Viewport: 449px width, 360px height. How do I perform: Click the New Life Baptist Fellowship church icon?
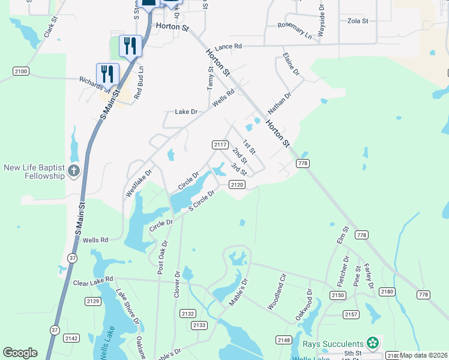pyautogui.click(x=74, y=171)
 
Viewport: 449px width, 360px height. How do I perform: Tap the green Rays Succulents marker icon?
pyautogui.click(x=373, y=343)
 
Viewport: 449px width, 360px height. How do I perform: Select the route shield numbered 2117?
pyautogui.click(x=220, y=145)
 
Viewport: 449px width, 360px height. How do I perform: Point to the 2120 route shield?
pyautogui.click(x=237, y=185)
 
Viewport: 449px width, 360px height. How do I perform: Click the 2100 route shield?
pyautogui.click(x=20, y=71)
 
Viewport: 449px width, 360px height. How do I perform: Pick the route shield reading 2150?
pyautogui.click(x=338, y=295)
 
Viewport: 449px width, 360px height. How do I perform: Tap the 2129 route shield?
pyautogui.click(x=92, y=301)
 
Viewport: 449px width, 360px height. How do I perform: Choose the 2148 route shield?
pyautogui.click(x=284, y=340)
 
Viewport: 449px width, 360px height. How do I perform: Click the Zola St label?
pyautogui.click(x=358, y=20)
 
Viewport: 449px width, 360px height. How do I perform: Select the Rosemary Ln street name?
pyautogui.click(x=295, y=31)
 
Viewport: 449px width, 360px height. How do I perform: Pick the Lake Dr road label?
pyautogui.click(x=185, y=112)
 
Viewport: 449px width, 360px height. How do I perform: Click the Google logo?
pyautogui.click(x=20, y=353)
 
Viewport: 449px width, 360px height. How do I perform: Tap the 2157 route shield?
pyautogui.click(x=351, y=314)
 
